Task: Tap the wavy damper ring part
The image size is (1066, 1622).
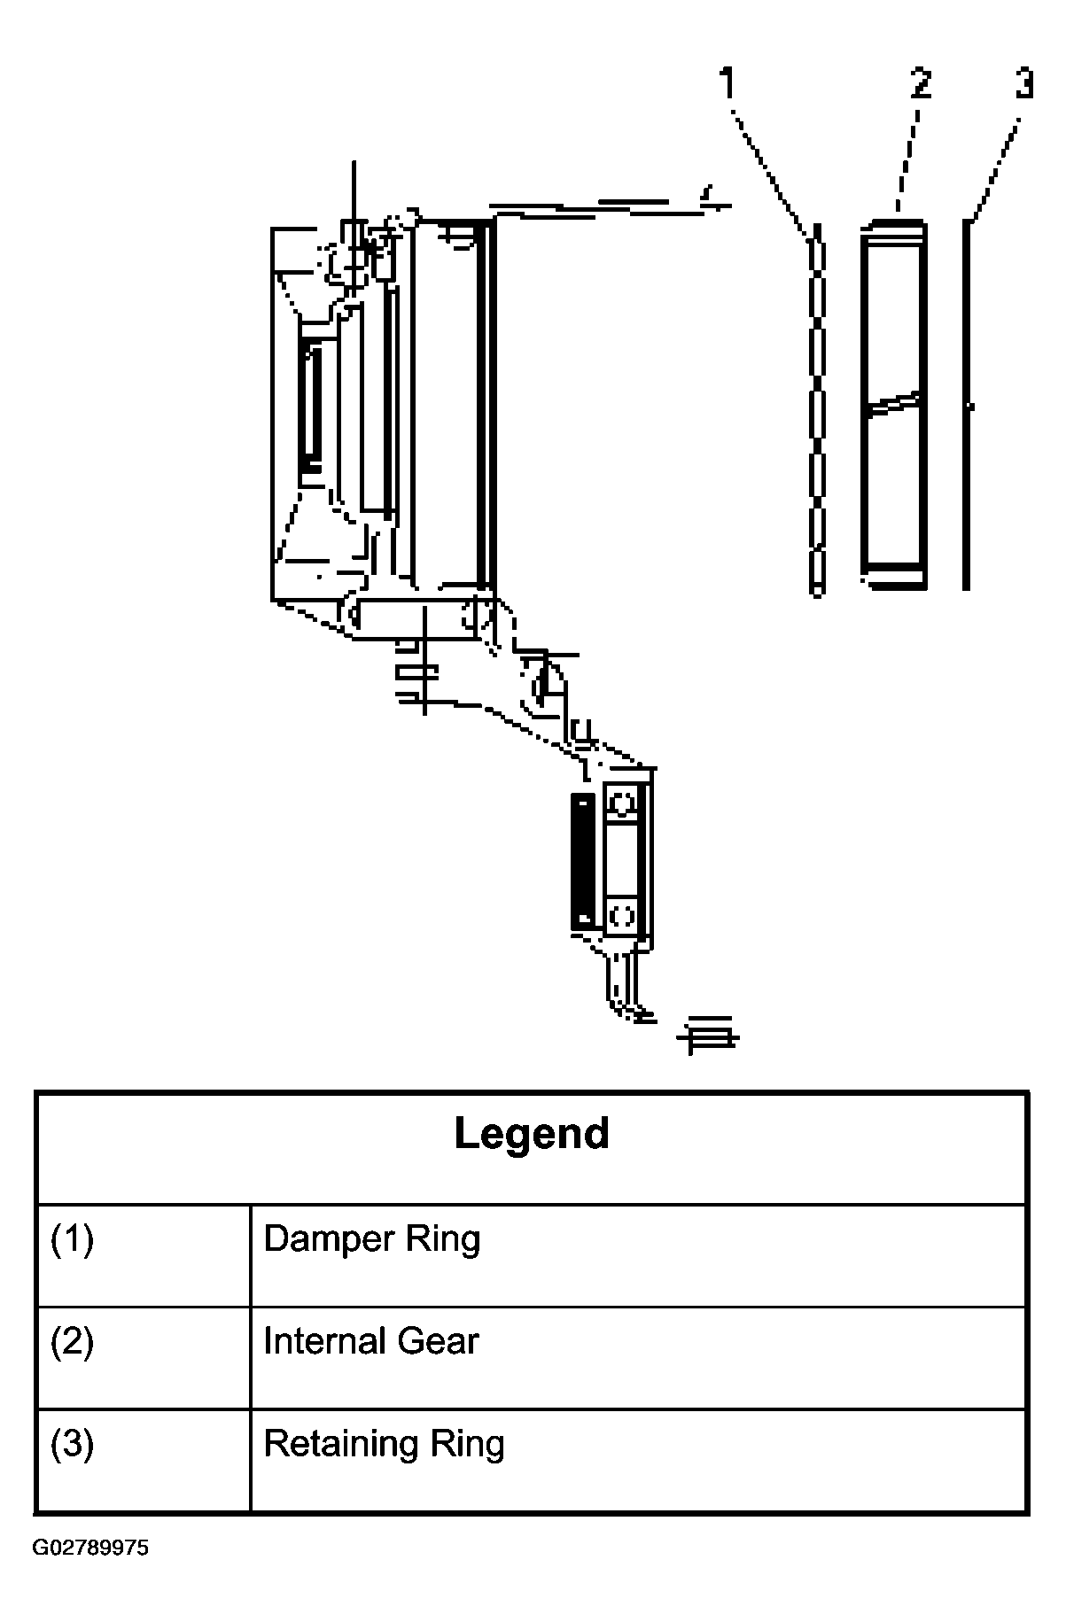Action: pyautogui.click(x=816, y=408)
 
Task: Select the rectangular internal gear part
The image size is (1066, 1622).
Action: pyautogui.click(x=893, y=404)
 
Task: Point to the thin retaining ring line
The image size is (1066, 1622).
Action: pyautogui.click(x=967, y=405)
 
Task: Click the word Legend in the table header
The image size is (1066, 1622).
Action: pyautogui.click(x=532, y=1133)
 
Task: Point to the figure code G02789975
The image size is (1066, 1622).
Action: pyautogui.click(x=91, y=1573)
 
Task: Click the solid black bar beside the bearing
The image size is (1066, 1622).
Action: pyautogui.click(x=581, y=860)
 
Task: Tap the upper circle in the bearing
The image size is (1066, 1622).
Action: pyautogui.click(x=623, y=804)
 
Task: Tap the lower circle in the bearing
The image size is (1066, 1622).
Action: pyautogui.click(x=623, y=913)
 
